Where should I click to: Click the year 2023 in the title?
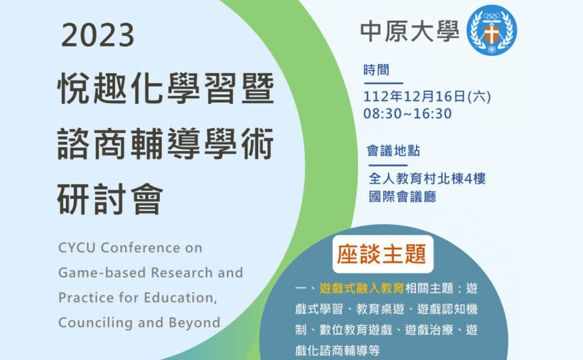pyautogui.click(x=97, y=35)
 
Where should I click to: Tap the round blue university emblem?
pyautogui.click(x=491, y=30)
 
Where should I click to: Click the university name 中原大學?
pyautogui.click(x=409, y=31)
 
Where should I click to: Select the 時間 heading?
pyautogui.click(x=376, y=70)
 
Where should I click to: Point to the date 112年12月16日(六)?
pyautogui.click(x=427, y=97)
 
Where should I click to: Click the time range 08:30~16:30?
pyautogui.click(x=407, y=113)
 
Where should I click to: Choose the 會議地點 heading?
pyautogui.click(x=393, y=151)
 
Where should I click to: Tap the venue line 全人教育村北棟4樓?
pyautogui.click(x=427, y=179)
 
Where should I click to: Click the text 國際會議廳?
pyautogui.click(x=402, y=196)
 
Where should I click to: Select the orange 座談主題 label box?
pyautogui.click(x=383, y=254)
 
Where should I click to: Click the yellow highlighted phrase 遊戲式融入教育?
pyautogui.click(x=361, y=289)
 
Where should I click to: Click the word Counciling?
pyautogui.click(x=95, y=322)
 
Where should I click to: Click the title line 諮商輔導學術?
pyautogui.click(x=165, y=144)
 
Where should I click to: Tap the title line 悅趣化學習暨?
pyautogui.click(x=165, y=88)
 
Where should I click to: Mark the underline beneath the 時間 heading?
pyautogui.click(x=383, y=83)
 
